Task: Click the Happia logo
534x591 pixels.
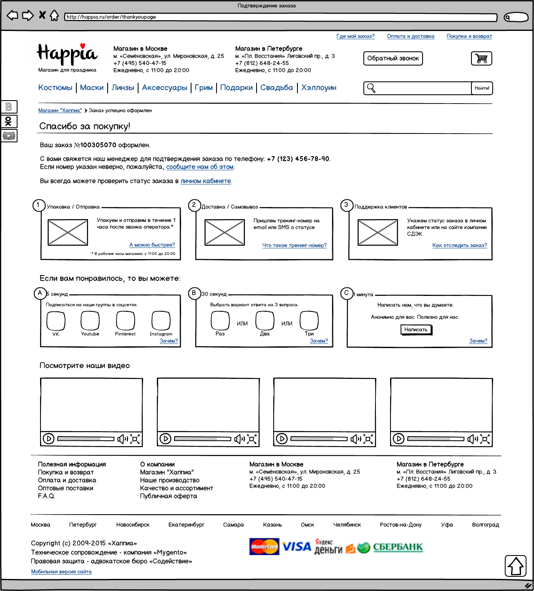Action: [67, 55]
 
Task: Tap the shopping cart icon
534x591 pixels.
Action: [481, 58]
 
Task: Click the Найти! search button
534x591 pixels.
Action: [482, 88]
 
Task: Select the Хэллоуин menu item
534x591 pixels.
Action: [319, 88]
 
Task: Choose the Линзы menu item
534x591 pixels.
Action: [123, 88]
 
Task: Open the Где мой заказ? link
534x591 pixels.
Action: [355, 36]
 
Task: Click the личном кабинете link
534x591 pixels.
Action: [206, 181]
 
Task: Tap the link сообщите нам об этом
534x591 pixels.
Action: [200, 167]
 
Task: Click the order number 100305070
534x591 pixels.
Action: [98, 145]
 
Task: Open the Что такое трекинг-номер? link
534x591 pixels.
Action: [294, 245]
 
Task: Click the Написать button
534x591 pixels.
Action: [416, 330]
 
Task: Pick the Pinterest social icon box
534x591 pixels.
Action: [125, 321]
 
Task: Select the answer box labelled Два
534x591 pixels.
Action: [264, 321]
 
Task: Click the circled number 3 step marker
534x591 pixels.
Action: [346, 205]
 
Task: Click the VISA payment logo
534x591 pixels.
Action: [297, 547]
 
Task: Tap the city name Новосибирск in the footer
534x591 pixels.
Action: [133, 525]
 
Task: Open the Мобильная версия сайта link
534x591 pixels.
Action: [61, 572]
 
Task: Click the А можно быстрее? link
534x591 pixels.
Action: [152, 245]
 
